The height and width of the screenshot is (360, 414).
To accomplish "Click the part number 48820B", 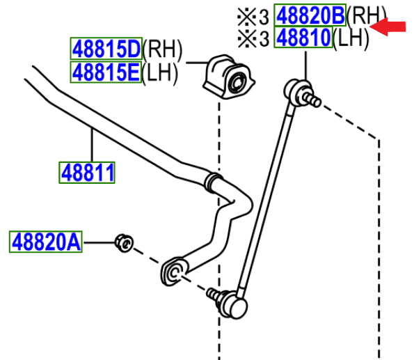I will coord(310,15).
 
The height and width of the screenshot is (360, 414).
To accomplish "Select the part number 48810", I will coord(303,38).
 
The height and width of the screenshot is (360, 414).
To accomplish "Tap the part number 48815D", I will coord(106,49).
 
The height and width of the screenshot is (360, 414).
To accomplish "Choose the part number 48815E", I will coord(106,72).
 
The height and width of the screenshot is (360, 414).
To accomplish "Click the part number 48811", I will coord(87,172).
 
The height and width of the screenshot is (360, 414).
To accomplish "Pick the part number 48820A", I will coord(45,242).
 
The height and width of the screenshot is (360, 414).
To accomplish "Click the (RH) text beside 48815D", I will coord(161,49).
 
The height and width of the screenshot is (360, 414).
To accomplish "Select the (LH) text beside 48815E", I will coord(160,72).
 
